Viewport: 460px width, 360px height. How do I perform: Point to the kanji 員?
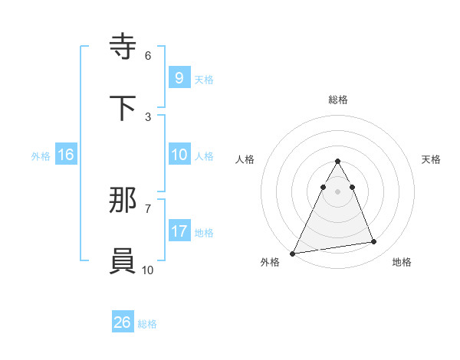(123, 260)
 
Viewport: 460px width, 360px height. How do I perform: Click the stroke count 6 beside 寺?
(148, 55)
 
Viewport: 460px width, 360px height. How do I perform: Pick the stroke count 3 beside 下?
(148, 116)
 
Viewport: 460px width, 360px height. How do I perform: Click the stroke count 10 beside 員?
(148, 270)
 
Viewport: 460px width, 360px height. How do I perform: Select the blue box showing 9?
(179, 78)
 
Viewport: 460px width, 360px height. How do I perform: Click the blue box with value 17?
(179, 231)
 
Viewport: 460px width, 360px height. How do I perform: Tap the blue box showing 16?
(65, 155)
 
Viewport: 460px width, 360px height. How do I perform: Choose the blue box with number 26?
(122, 322)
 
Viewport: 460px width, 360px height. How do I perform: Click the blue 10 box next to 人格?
(179, 155)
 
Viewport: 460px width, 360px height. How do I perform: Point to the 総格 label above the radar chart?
(338, 100)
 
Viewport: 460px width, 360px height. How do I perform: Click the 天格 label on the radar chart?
(432, 159)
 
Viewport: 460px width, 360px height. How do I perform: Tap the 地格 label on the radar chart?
(402, 262)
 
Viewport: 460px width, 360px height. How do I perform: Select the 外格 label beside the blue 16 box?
(41, 155)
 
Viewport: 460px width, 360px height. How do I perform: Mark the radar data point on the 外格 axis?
(292, 254)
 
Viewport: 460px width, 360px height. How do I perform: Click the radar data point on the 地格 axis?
(374, 242)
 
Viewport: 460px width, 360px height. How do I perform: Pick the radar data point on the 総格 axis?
(338, 162)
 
